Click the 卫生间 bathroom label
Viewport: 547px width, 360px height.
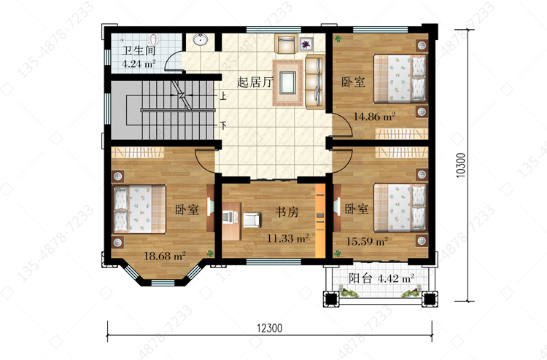point(139,51)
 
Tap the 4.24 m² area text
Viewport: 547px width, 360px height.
point(139,64)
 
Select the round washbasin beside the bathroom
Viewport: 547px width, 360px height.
point(201,39)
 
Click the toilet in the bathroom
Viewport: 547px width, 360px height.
point(153,39)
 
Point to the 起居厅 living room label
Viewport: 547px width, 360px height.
point(255,82)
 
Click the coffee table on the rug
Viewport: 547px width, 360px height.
point(287,82)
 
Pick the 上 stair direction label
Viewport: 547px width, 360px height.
point(223,95)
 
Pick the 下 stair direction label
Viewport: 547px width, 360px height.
point(223,125)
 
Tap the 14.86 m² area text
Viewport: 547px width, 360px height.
point(374,117)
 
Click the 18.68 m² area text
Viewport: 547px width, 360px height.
point(165,256)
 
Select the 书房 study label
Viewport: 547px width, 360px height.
point(287,211)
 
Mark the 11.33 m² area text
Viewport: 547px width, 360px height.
point(288,238)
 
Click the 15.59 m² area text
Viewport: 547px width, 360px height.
point(367,241)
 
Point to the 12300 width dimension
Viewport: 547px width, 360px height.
point(269,328)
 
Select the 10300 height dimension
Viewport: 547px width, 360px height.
point(461,165)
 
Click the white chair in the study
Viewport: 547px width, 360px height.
point(251,219)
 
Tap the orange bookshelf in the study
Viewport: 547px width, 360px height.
point(320,221)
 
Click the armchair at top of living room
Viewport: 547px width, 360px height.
point(287,44)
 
